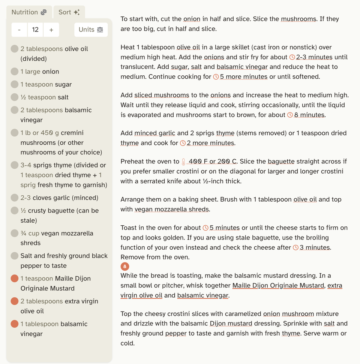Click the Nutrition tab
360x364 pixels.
pos(29,12)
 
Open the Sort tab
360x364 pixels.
pos(69,12)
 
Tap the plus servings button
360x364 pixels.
pos(51,30)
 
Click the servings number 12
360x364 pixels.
pos(35,30)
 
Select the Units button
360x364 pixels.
pos(91,30)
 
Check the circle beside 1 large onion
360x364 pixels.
pos(15,72)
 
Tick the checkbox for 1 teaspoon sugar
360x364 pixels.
pos(15,84)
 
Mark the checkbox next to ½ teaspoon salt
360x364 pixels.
pos(15,97)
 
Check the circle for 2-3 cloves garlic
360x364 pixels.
pos(15,198)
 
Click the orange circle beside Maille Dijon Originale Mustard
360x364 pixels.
pos(15,279)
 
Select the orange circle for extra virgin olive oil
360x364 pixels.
pos(15,301)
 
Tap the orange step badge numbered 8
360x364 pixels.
pos(125,267)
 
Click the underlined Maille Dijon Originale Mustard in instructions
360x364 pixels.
pos(278,285)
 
